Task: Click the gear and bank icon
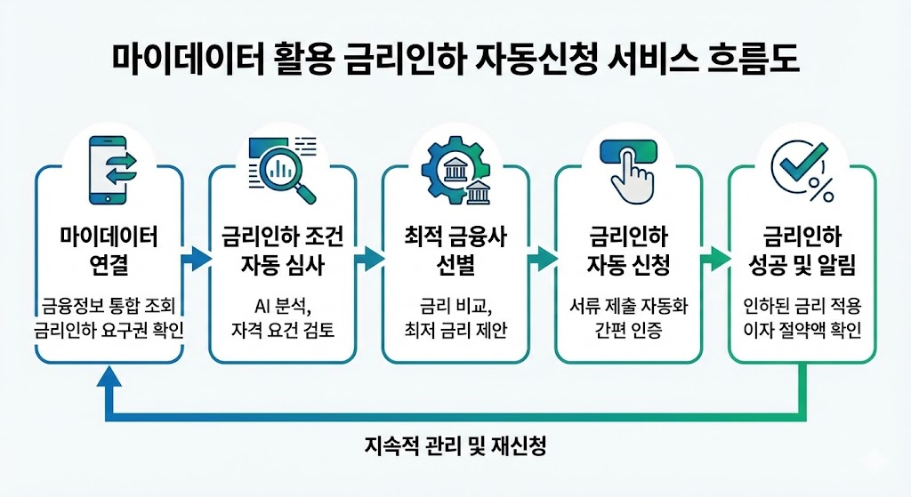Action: tap(455, 172)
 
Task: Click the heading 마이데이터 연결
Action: tap(109, 251)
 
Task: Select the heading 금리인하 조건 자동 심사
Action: tap(282, 251)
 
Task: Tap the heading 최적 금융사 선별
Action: tap(455, 251)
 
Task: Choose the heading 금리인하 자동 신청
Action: tap(629, 251)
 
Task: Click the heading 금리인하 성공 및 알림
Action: tap(802, 251)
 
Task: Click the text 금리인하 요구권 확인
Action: tap(109, 333)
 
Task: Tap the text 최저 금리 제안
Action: tap(455, 333)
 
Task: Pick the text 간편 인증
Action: tap(629, 333)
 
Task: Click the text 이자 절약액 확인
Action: tap(802, 333)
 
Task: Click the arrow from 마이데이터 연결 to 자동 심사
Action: tap(196, 261)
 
